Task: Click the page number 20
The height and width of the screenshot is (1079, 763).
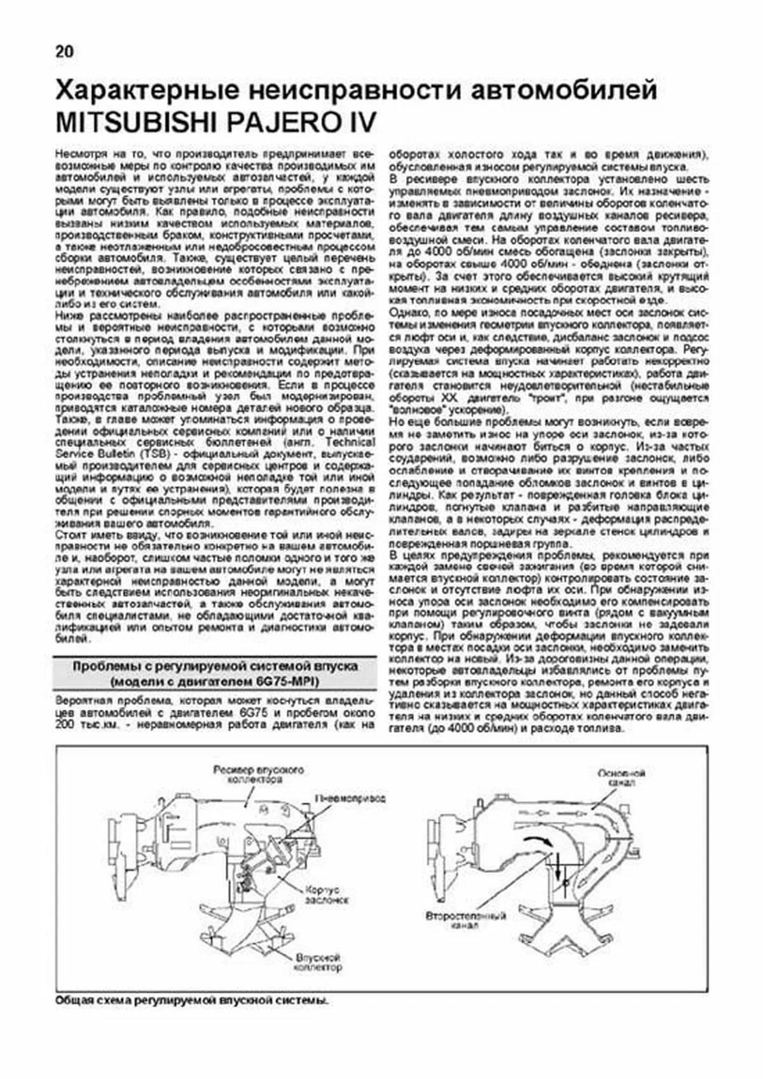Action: point(64,52)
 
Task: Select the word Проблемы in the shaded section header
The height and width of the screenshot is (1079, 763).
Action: point(106,666)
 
